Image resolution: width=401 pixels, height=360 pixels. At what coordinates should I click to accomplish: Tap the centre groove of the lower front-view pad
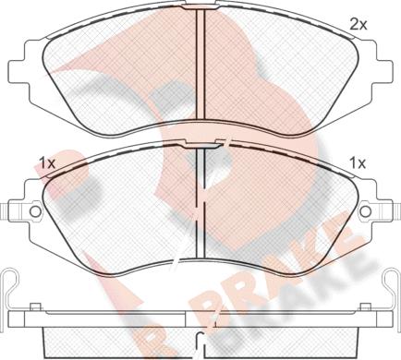pyautogui.click(x=201, y=208)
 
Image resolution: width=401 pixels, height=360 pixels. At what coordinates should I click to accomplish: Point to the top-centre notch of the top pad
pyautogui.click(x=201, y=13)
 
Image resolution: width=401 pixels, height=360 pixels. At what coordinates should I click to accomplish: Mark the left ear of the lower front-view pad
pyautogui.click(x=26, y=212)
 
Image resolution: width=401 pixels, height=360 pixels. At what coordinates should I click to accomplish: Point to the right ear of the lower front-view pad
pyautogui.click(x=376, y=212)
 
